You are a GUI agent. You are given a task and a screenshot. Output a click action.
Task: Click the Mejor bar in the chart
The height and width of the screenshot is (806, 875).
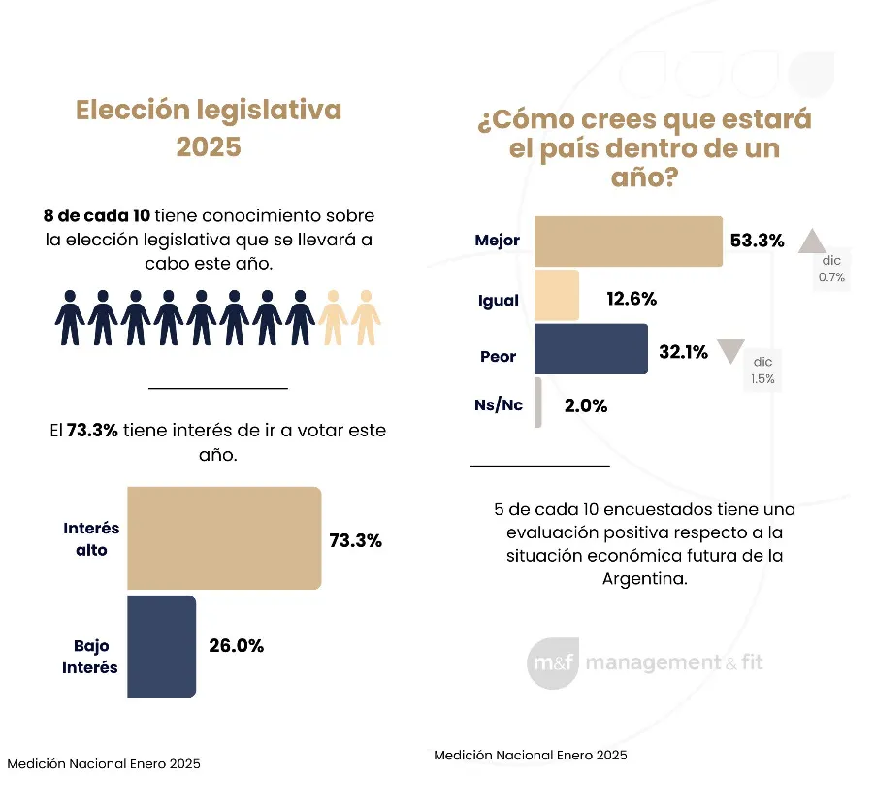click(629, 242)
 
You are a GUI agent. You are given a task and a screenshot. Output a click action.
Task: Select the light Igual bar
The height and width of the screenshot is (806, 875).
click(557, 296)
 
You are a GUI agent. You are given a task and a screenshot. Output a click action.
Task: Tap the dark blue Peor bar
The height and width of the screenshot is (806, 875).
click(591, 349)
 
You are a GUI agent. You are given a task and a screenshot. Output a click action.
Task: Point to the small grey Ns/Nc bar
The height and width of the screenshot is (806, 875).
click(537, 403)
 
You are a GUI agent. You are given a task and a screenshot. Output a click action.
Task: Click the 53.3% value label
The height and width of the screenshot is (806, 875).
click(757, 241)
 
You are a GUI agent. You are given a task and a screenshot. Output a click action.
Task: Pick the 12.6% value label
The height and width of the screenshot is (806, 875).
click(631, 299)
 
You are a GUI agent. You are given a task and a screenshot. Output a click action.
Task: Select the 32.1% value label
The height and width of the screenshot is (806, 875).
click(683, 353)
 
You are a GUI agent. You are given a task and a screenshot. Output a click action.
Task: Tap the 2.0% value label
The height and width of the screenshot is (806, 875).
click(585, 406)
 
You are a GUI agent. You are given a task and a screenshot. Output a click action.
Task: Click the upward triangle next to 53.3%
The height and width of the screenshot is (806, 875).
click(812, 241)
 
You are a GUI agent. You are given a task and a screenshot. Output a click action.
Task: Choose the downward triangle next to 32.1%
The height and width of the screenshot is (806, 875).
click(730, 351)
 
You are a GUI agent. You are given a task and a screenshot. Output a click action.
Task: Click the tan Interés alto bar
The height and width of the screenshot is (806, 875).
click(224, 538)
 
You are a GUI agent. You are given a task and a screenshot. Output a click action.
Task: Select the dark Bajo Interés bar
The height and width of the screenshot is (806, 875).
click(162, 646)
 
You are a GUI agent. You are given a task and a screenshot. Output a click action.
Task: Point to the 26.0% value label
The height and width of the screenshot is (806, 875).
click(237, 645)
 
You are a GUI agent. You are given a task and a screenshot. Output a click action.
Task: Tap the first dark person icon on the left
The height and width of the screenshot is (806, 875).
click(69, 316)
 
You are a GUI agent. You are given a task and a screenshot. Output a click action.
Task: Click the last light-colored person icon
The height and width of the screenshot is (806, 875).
click(366, 316)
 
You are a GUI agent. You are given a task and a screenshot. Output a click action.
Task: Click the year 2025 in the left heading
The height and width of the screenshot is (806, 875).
click(209, 147)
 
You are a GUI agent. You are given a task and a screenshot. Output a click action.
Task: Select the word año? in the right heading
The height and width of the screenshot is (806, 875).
click(643, 179)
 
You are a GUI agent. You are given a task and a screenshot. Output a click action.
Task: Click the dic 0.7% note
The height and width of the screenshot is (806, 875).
click(832, 270)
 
